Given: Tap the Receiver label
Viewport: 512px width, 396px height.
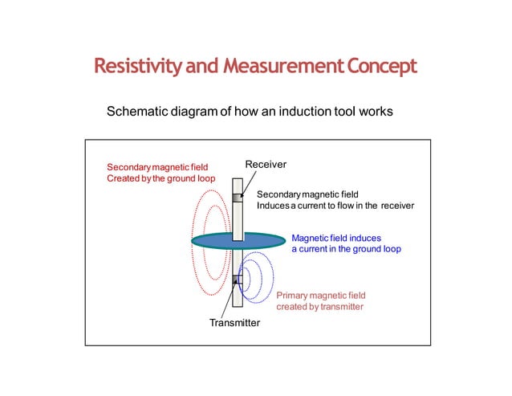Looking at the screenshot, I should [266, 165].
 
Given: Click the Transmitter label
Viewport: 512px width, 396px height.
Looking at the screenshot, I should [234, 323].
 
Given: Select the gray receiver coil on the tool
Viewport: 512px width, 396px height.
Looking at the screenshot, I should [237, 198].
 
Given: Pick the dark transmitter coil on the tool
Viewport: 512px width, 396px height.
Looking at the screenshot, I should [238, 280].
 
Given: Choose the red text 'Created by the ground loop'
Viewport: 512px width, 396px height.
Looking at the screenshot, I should [161, 178].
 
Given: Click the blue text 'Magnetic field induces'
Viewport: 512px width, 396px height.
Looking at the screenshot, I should [336, 239].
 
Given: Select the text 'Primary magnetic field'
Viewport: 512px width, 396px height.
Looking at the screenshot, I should [321, 296].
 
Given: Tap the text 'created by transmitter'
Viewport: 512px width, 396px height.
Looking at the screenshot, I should [320, 307].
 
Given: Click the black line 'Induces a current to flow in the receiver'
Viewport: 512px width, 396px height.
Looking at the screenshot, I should [335, 206].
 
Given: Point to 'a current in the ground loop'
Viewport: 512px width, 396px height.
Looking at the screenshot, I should [346, 250].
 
